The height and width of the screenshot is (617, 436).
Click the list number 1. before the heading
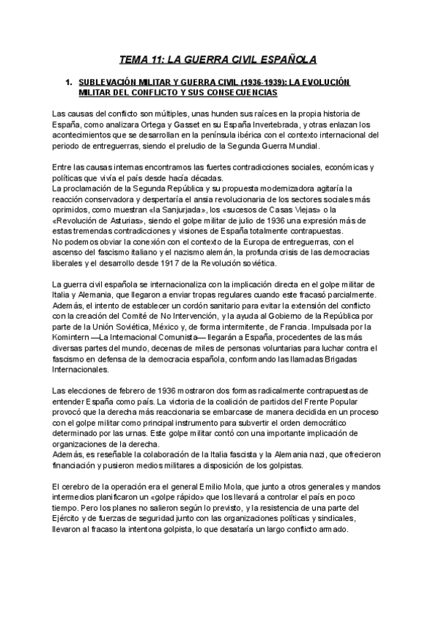(70, 83)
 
